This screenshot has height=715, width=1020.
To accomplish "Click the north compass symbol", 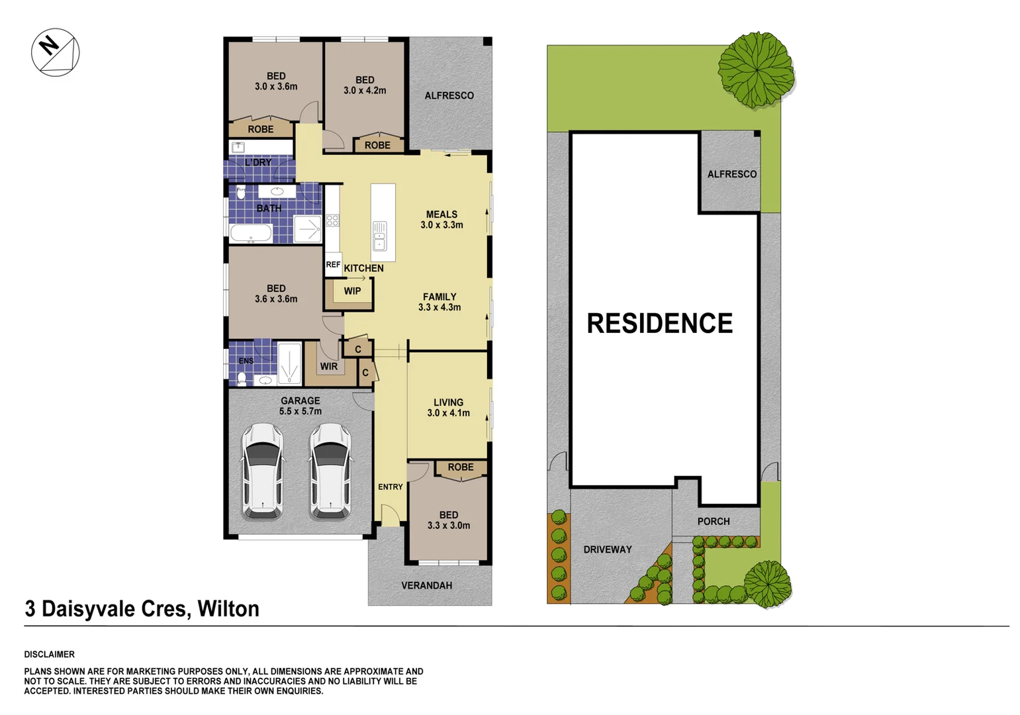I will pyautogui.click(x=56, y=52).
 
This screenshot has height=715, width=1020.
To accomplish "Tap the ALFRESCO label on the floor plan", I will pyautogui.click(x=449, y=95).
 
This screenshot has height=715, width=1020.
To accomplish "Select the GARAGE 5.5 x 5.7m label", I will pyautogui.click(x=300, y=406).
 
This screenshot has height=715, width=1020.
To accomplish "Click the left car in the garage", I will pyautogui.click(x=263, y=471).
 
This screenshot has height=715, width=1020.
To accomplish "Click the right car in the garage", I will pyautogui.click(x=330, y=471).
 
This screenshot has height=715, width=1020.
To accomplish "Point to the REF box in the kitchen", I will pyautogui.click(x=333, y=265).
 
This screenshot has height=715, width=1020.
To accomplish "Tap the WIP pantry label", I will pyautogui.click(x=352, y=291).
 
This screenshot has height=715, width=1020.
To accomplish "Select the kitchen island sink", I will pyautogui.click(x=379, y=236).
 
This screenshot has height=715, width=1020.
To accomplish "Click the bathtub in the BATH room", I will pyautogui.click(x=251, y=233).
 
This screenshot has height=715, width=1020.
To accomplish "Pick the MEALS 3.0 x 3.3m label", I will pyautogui.click(x=441, y=219).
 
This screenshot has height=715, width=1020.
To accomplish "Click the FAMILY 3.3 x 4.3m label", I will pyautogui.click(x=440, y=302).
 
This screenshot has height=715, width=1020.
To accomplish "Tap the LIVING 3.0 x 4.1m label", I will pyautogui.click(x=448, y=407).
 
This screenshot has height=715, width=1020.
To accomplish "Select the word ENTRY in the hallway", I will pyautogui.click(x=391, y=487).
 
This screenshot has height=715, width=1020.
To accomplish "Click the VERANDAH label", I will pyautogui.click(x=426, y=585).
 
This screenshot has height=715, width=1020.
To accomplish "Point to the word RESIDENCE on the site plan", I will pyautogui.click(x=659, y=323).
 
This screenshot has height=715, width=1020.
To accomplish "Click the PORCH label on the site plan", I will pyautogui.click(x=713, y=521).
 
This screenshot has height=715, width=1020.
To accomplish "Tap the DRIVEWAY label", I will pyautogui.click(x=607, y=549).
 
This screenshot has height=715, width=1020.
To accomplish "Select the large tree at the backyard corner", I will pyautogui.click(x=756, y=68).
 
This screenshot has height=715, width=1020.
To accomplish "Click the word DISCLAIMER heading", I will pyautogui.click(x=50, y=654).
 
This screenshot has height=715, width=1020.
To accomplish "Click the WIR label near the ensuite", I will pyautogui.click(x=329, y=366).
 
